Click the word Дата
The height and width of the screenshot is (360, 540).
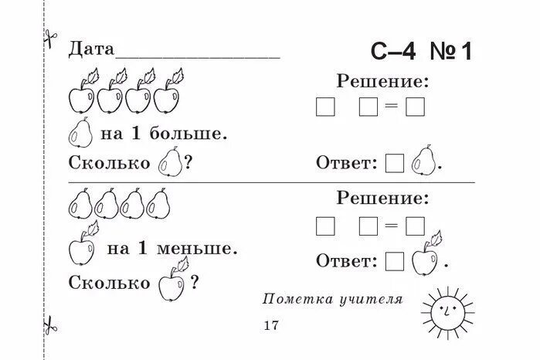[x=91, y=49]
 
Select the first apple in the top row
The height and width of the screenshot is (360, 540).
[x=82, y=97]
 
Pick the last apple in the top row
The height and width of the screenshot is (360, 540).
[x=165, y=97]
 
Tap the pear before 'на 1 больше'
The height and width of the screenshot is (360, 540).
[x=80, y=134]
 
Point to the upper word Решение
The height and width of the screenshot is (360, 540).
[x=382, y=80]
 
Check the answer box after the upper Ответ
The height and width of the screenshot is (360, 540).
[x=395, y=163]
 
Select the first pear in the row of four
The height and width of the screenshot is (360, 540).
[x=81, y=204]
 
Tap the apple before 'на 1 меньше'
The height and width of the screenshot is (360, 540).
[x=81, y=247]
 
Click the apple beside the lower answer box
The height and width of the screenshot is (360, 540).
[x=426, y=258]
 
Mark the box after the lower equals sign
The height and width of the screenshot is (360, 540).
[x=416, y=226]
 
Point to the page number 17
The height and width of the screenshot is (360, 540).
[x=270, y=324]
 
